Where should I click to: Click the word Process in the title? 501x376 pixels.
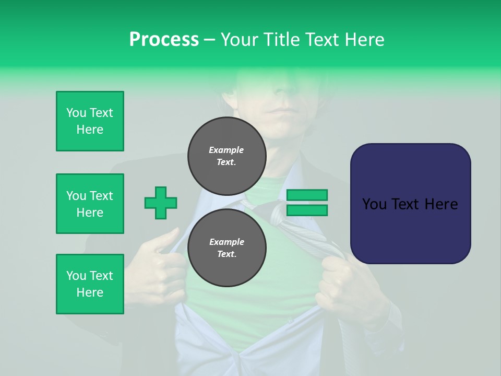pyautogui.click(x=164, y=40)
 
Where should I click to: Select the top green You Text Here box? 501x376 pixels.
pyautogui.click(x=90, y=121)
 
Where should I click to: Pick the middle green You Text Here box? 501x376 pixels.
pyautogui.click(x=90, y=204)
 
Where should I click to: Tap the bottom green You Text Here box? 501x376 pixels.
pyautogui.click(x=90, y=284)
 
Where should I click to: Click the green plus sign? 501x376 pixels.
pyautogui.click(x=161, y=203)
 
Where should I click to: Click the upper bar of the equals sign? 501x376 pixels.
pyautogui.click(x=307, y=195)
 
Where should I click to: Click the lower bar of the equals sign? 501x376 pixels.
pyautogui.click(x=307, y=210)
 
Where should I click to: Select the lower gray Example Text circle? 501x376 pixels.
pyautogui.click(x=226, y=248)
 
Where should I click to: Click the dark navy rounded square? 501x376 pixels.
pyautogui.click(x=410, y=204)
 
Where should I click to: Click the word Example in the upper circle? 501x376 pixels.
pyautogui.click(x=226, y=150)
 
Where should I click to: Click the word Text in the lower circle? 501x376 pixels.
pyautogui.click(x=226, y=254)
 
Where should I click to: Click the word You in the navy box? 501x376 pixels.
pyautogui.click(x=374, y=204)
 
